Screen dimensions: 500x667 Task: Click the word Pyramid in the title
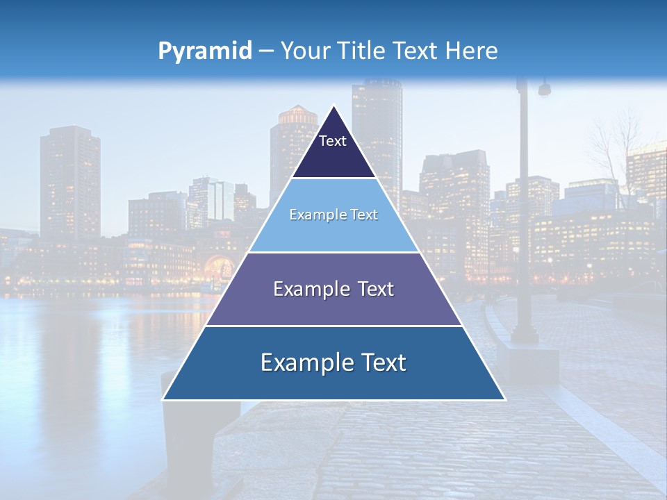(205, 51)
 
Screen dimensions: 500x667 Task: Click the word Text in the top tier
(333, 141)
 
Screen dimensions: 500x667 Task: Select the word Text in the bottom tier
(381, 362)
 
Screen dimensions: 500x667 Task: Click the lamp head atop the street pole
(543, 89)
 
